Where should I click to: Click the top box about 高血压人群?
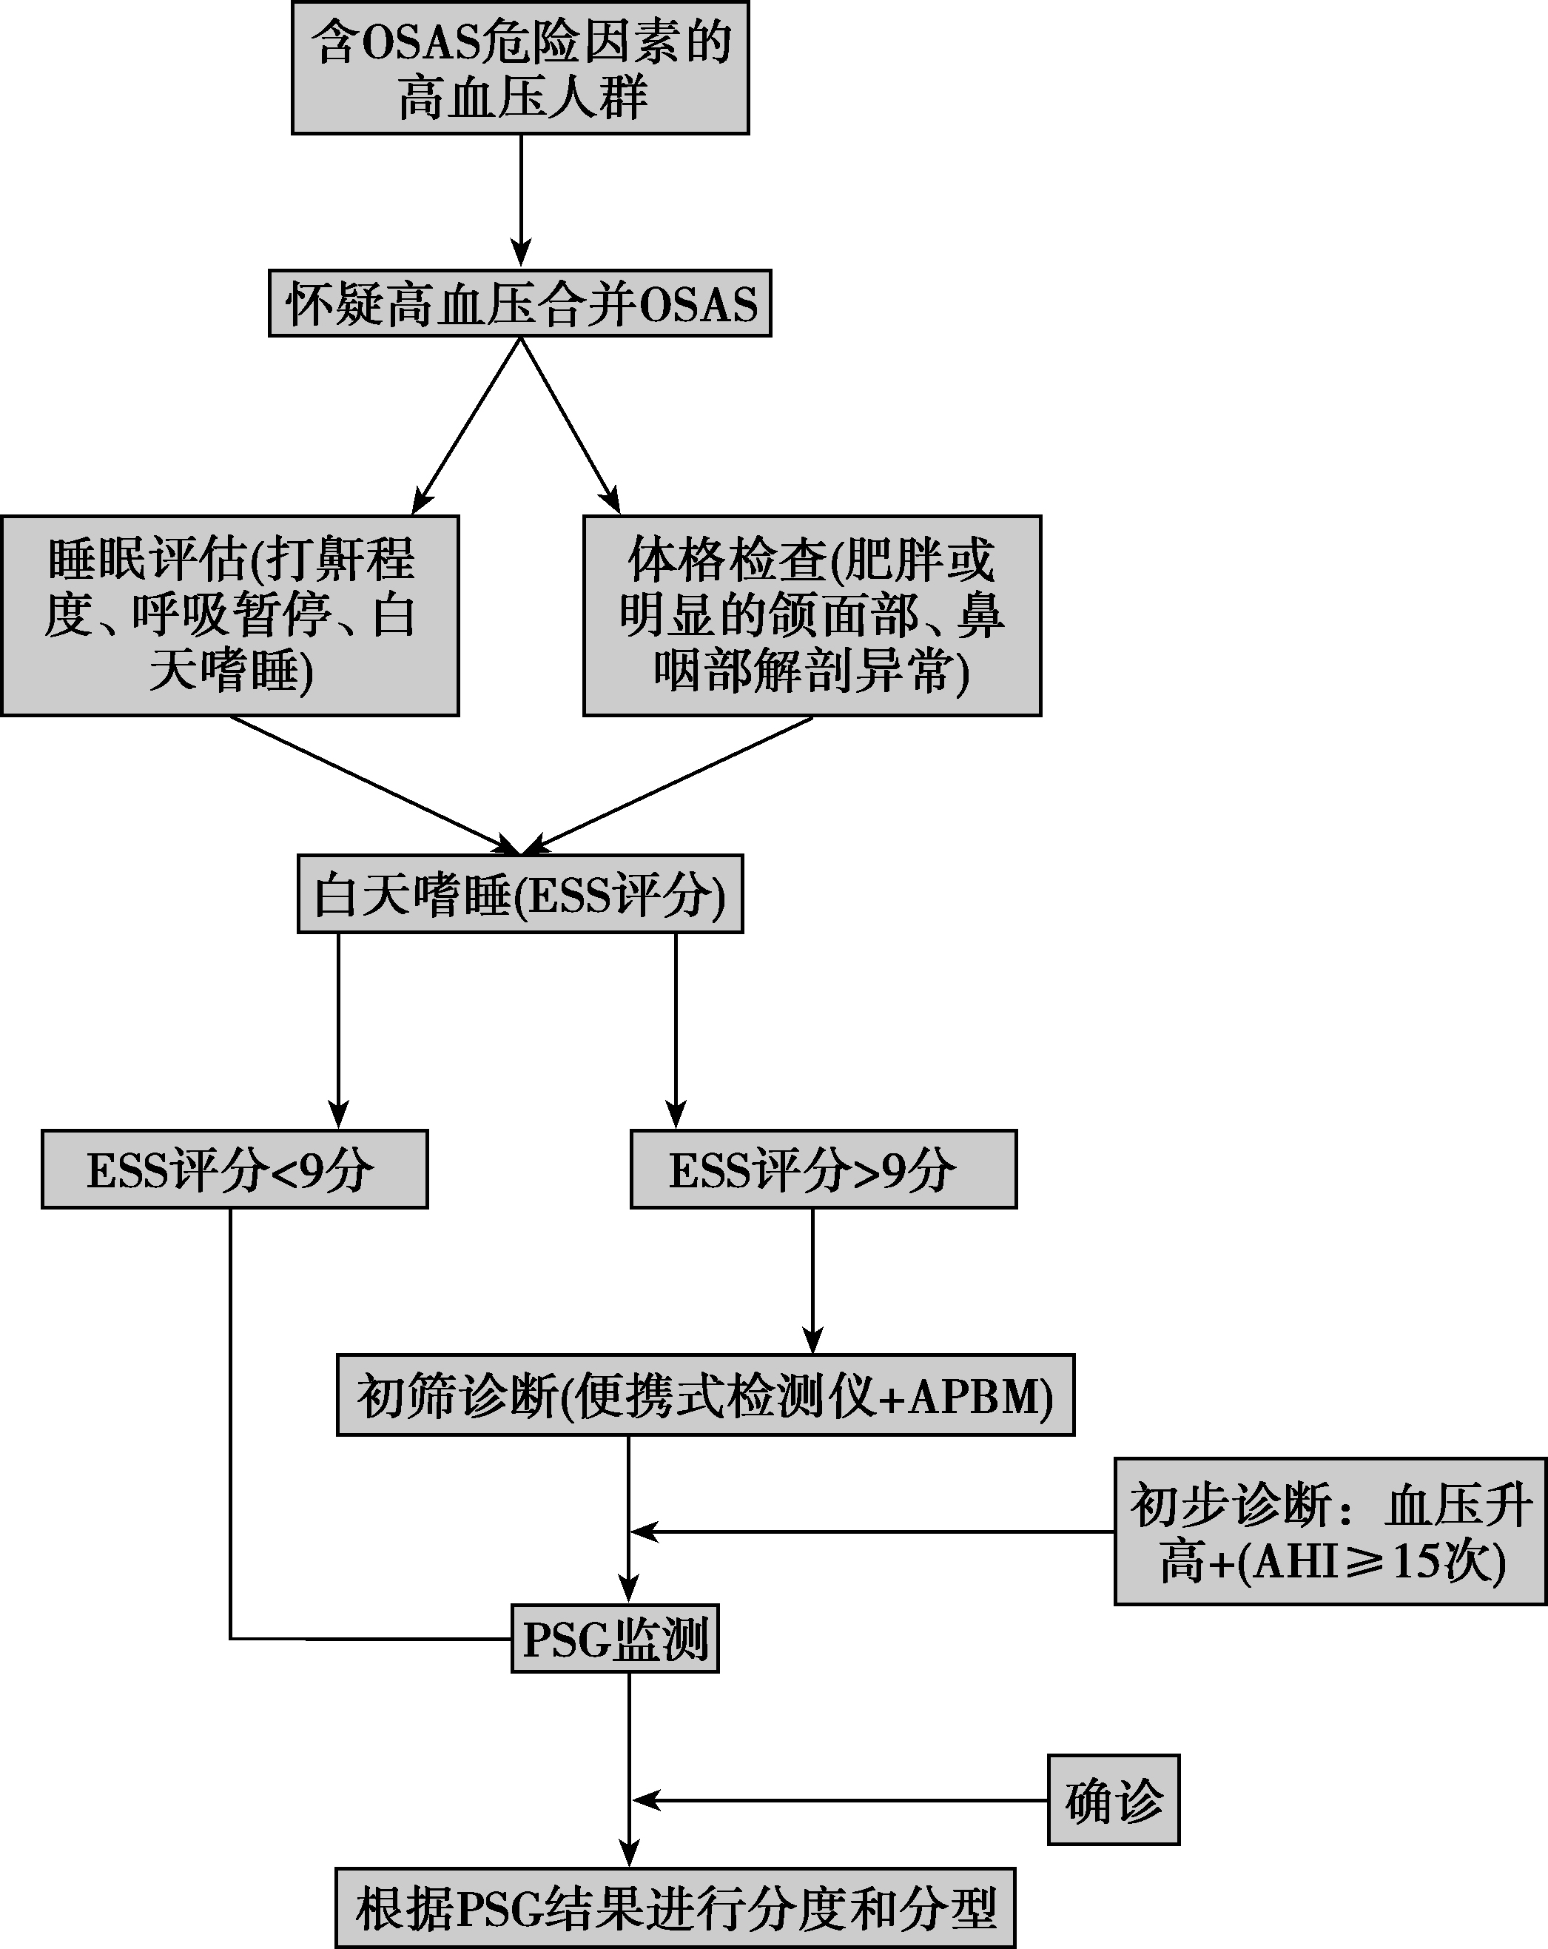[x=519, y=69]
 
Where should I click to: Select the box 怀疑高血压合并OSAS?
[x=519, y=303]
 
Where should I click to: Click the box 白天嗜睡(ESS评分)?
[x=519, y=894]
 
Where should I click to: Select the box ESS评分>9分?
[x=824, y=1169]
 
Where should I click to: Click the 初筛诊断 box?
[x=705, y=1395]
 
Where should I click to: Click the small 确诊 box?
[x=1114, y=1799]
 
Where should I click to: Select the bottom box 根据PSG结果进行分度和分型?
[x=675, y=1908]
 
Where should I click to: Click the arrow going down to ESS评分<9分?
[x=339, y=1030]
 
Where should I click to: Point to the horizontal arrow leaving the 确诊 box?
[x=841, y=1799]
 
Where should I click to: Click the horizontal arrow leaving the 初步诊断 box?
[x=872, y=1532]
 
